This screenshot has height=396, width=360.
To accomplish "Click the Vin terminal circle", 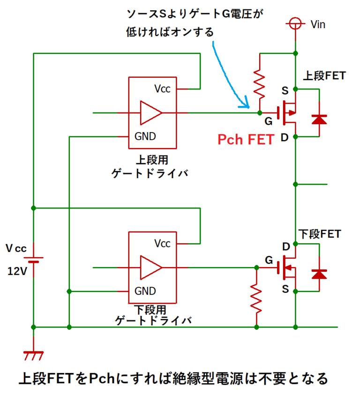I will pyautogui.click(x=295, y=23).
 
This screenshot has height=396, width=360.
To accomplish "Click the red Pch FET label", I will pyautogui.click(x=246, y=140).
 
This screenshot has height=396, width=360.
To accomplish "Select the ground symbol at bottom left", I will pyautogui.click(x=33, y=355).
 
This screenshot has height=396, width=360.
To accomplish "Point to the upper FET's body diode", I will pyautogui.click(x=319, y=119).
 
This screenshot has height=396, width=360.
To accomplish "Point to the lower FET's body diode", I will pyautogui.click(x=319, y=274).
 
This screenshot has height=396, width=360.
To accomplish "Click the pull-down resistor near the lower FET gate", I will pyautogui.click(x=256, y=298).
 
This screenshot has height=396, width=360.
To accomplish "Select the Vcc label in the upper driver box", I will pyautogui.click(x=163, y=89).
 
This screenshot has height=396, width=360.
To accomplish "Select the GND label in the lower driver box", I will pyautogui.click(x=145, y=291).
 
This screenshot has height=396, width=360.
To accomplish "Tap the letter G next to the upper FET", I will pyautogui.click(x=268, y=122).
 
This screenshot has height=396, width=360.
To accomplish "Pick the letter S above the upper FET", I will pyautogui.click(x=285, y=90).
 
